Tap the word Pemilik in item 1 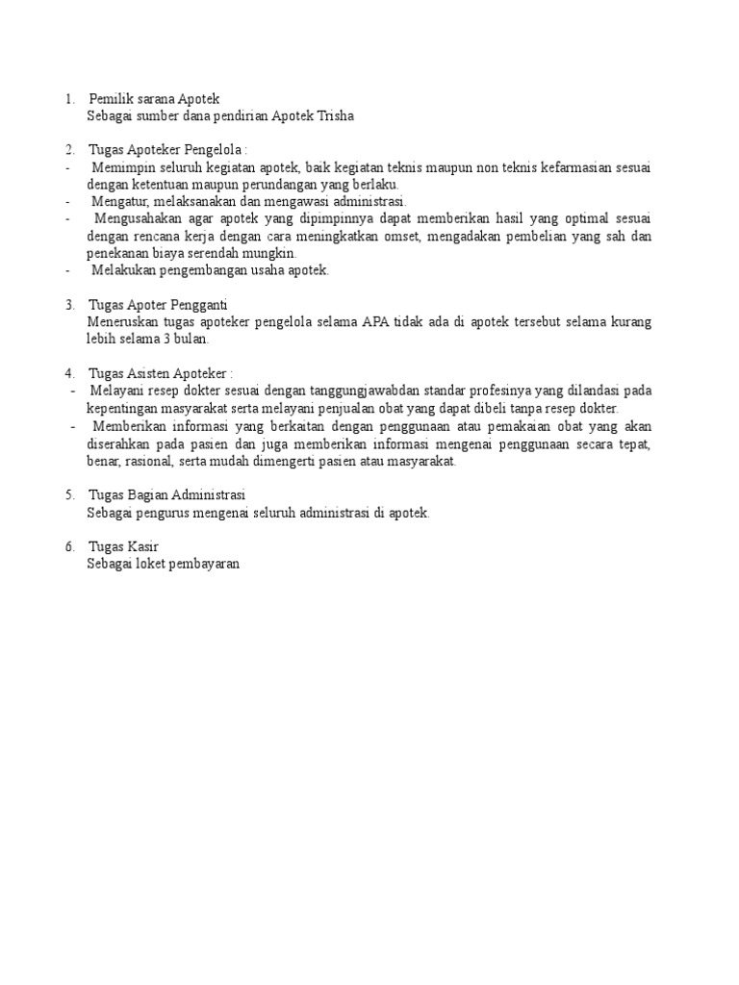pos(110,99)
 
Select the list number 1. pos(69,99)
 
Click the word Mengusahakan pos(138,219)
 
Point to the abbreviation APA pos(375,321)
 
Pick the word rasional pos(147,461)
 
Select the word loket pos(153,565)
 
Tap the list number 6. pos(69,546)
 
